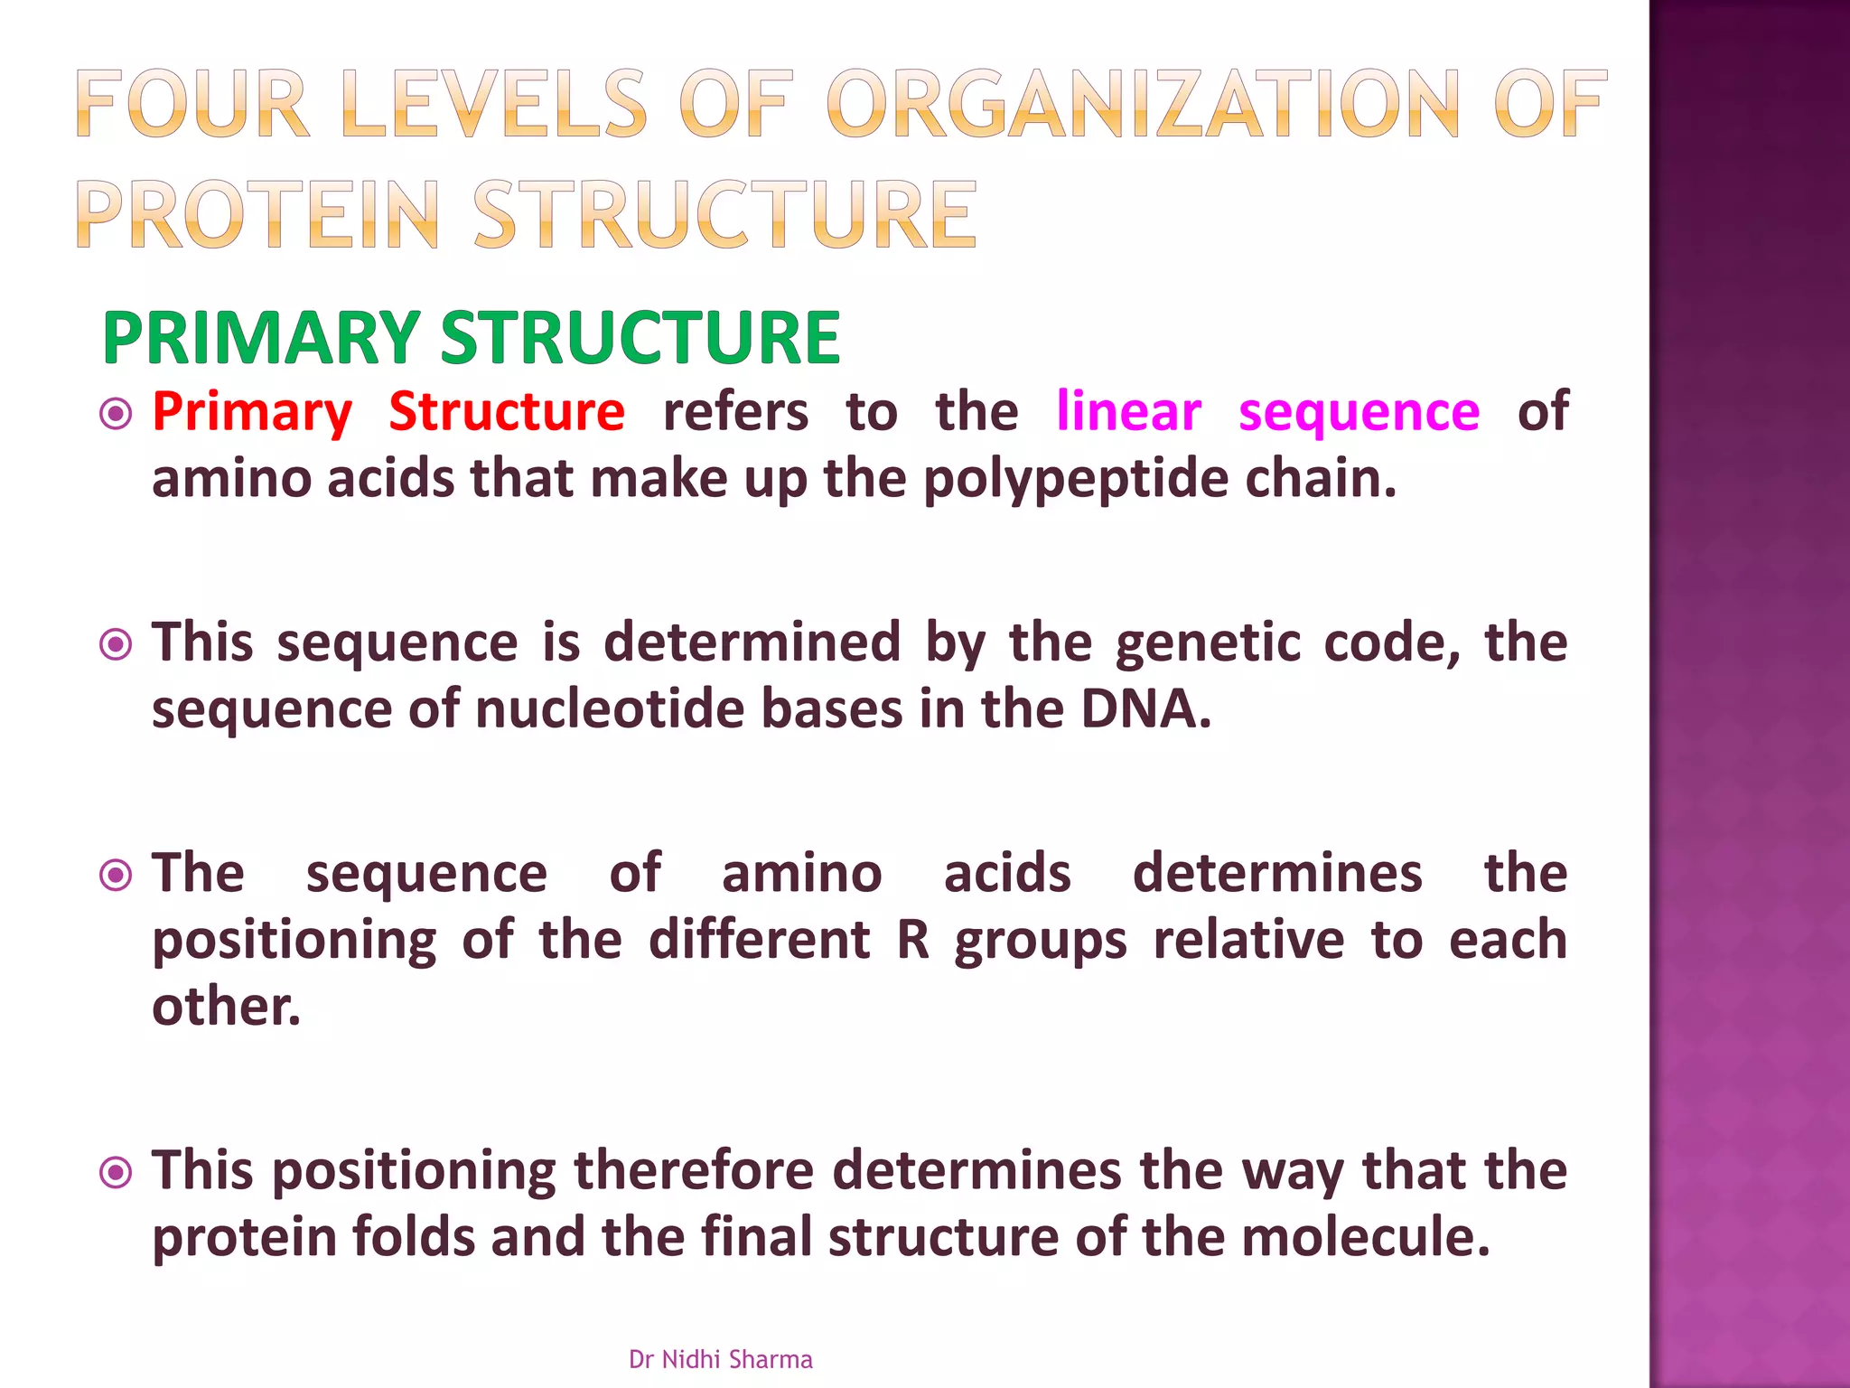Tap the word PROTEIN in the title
point(258,214)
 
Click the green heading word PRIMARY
point(260,338)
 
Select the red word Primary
point(252,413)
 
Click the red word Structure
point(507,412)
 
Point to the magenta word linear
point(1128,412)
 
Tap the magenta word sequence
point(1359,413)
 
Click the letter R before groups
point(913,941)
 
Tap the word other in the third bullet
point(225,1007)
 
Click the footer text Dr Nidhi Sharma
point(720,1359)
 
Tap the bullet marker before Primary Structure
point(117,414)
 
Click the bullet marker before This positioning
point(117,1173)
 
